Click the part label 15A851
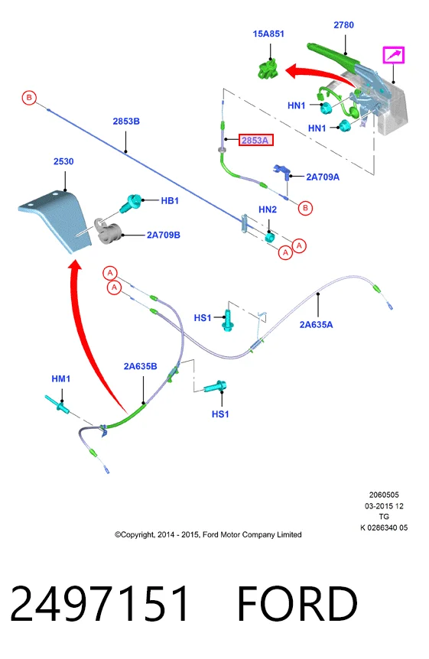tap(268, 34)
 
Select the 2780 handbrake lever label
tap(343, 25)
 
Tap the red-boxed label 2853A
tap(255, 140)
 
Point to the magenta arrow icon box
tap(393, 55)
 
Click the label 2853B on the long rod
tap(126, 122)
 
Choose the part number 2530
tap(63, 161)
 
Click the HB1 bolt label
tap(170, 201)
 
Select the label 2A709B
tap(164, 235)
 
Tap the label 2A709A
tap(323, 177)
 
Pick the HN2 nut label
tap(268, 209)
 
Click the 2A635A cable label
tap(316, 324)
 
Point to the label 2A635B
tap(141, 366)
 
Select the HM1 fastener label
tap(61, 378)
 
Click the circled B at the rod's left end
tap(29, 98)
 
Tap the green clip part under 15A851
tap(268, 70)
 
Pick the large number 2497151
tap(99, 603)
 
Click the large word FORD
tap(297, 603)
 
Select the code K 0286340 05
tap(384, 528)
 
